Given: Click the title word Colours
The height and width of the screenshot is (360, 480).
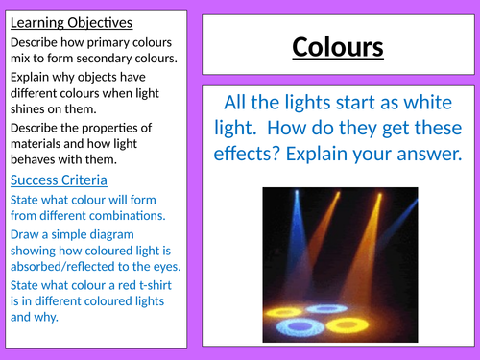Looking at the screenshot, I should (337, 47).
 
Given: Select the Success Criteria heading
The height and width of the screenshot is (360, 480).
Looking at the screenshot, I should (59, 180).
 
